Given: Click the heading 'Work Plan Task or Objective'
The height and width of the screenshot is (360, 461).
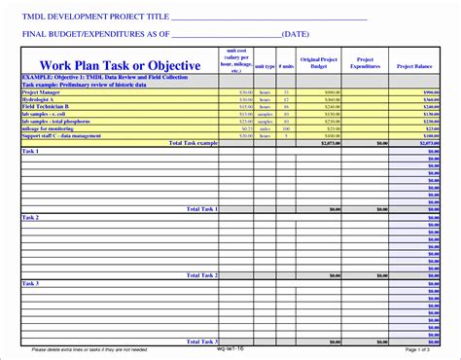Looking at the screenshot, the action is tap(119, 65).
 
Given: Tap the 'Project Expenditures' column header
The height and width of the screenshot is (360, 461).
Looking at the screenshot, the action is tap(365, 62).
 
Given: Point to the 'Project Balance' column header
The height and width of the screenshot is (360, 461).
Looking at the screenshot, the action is tap(414, 65).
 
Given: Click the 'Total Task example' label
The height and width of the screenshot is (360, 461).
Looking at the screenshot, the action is tap(194, 142).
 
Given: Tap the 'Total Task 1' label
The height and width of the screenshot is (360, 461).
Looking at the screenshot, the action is tap(201, 208).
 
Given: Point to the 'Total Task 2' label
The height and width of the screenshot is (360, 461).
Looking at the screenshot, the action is tap(201, 275).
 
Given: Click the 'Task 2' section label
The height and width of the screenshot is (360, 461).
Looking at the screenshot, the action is tap(30, 217).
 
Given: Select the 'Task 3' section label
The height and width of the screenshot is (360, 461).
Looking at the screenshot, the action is tap(30, 283).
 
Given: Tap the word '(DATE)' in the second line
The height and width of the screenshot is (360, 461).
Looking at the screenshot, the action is tap(310, 34).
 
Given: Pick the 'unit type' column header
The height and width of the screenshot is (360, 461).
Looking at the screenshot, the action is tap(266, 66).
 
